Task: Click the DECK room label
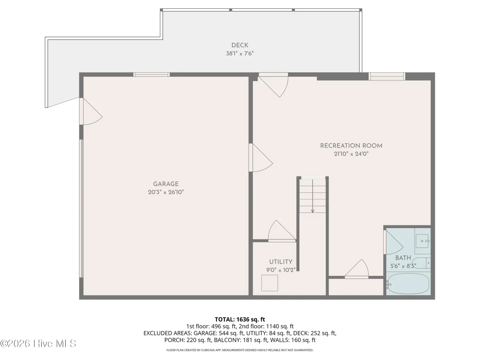(x=240, y=45)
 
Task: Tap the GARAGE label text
(x=166, y=184)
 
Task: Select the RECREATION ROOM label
(x=351, y=146)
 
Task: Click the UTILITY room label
(x=281, y=262)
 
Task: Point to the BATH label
(x=403, y=258)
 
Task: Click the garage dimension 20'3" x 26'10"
(x=166, y=192)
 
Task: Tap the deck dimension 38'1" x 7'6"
(x=240, y=54)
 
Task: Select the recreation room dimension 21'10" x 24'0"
(x=351, y=154)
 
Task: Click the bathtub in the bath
(x=408, y=283)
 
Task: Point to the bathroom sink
(x=422, y=241)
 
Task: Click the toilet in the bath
(x=421, y=263)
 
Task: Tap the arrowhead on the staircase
(x=312, y=211)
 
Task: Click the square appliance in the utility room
(x=269, y=283)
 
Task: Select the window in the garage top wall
(x=151, y=75)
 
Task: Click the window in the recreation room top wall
(x=387, y=76)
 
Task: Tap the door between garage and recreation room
(x=261, y=158)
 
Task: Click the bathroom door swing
(x=393, y=242)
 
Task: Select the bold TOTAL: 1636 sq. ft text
(x=240, y=319)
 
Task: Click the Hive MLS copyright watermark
(x=38, y=343)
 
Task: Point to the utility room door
(x=282, y=231)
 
